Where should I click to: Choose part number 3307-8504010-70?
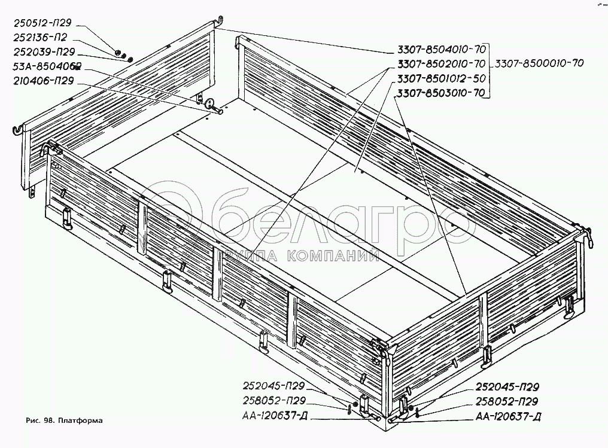pos(440,49)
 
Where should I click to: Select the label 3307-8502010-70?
pos(440,63)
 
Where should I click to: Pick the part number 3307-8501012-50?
pos(440,78)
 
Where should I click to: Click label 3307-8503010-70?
pos(440,93)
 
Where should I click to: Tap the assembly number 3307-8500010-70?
pos(538,63)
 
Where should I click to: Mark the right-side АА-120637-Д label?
pos(509,416)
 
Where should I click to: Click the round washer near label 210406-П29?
pos(212,105)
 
